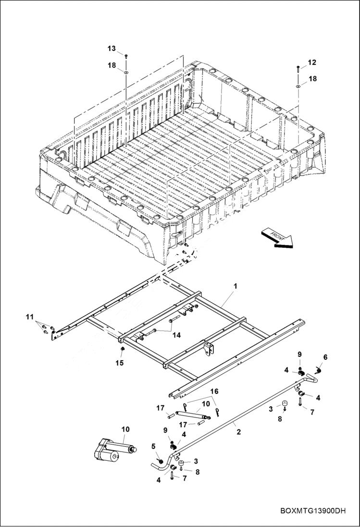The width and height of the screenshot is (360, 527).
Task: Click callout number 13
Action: click(x=112, y=49)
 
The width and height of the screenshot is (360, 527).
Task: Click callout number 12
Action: click(x=312, y=62)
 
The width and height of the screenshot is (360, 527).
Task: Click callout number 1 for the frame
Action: click(x=236, y=286)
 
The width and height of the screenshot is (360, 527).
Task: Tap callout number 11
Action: click(x=30, y=317)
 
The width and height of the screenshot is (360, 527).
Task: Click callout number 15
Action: click(x=120, y=363)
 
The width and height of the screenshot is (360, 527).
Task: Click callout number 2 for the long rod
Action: click(x=238, y=432)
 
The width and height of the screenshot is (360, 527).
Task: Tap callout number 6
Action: click(x=325, y=357)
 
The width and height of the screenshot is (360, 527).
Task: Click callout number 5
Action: click(x=154, y=446)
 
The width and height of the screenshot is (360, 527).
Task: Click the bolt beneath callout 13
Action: click(x=126, y=57)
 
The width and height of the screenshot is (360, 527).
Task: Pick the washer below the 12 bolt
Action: click(x=298, y=86)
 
